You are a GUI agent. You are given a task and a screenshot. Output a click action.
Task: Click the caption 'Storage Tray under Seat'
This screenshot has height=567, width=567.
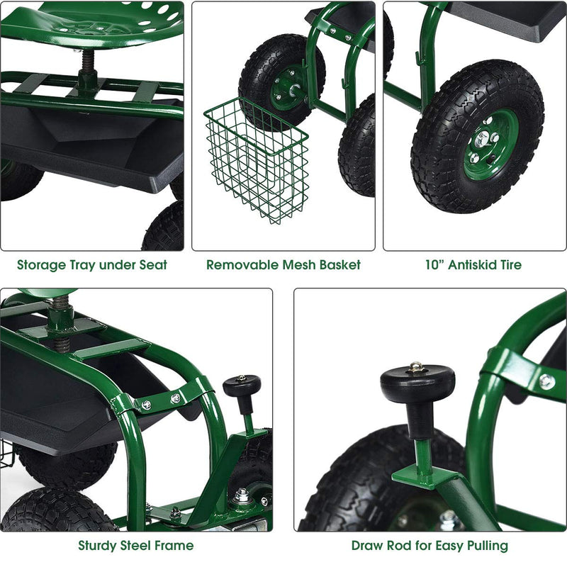pos(92,265)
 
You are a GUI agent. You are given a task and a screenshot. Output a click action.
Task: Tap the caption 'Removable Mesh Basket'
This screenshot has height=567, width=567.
pos(283,265)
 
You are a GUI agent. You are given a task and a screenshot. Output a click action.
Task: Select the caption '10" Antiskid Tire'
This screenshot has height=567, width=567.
pos(473,265)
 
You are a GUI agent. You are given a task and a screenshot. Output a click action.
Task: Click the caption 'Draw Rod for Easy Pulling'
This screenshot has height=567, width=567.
pos(430,546)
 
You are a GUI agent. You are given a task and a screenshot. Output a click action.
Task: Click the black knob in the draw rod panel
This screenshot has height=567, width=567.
pos(417,383)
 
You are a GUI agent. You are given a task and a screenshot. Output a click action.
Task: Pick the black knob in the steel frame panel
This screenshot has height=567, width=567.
pos(242,386)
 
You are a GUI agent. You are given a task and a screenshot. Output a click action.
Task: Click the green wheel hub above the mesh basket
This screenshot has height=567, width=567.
pos(290,84)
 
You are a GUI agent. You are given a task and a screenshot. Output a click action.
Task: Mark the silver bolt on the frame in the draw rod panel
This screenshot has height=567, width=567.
pos(546,381)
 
